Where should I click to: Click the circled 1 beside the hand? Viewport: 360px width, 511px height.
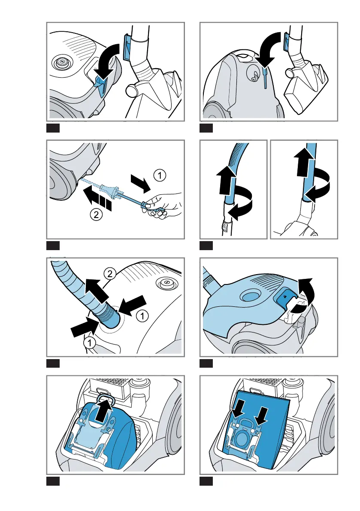click(x=160, y=175)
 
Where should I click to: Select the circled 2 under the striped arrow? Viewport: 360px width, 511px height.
click(x=96, y=215)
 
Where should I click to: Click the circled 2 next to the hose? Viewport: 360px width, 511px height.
click(x=110, y=274)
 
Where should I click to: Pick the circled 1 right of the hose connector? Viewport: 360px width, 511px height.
click(x=142, y=315)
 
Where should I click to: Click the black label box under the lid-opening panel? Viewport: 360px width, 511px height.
click(x=206, y=363)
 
